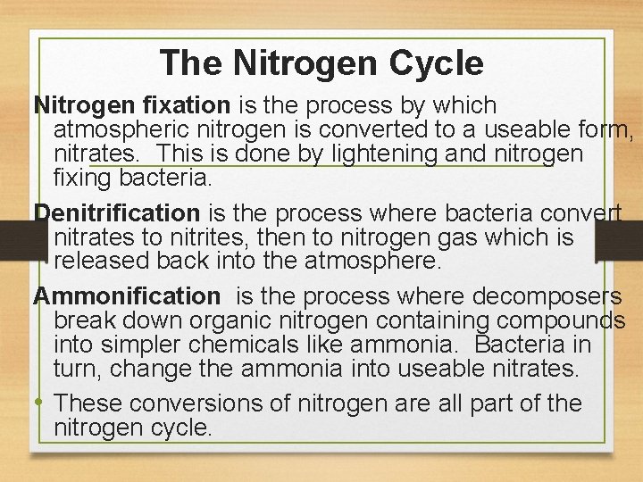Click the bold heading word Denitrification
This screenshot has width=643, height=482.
point(117,213)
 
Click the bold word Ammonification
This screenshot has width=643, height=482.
point(126,295)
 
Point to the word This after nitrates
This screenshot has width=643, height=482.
point(193,154)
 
